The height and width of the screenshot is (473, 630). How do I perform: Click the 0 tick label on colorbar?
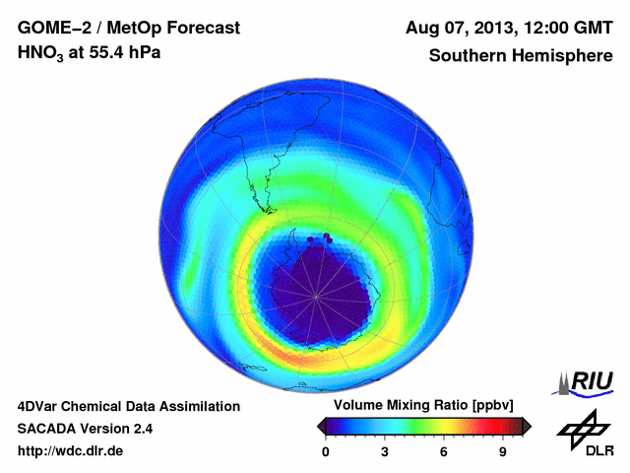(x=326, y=451)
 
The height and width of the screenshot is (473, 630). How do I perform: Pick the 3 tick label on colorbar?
(x=385, y=451)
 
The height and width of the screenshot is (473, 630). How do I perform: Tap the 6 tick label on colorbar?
(x=444, y=451)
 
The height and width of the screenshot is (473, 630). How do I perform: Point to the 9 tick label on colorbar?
(x=503, y=451)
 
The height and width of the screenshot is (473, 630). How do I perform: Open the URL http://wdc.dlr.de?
(x=71, y=451)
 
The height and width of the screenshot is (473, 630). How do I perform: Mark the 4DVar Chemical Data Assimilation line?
(x=129, y=406)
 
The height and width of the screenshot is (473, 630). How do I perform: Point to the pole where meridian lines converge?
(x=316, y=294)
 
